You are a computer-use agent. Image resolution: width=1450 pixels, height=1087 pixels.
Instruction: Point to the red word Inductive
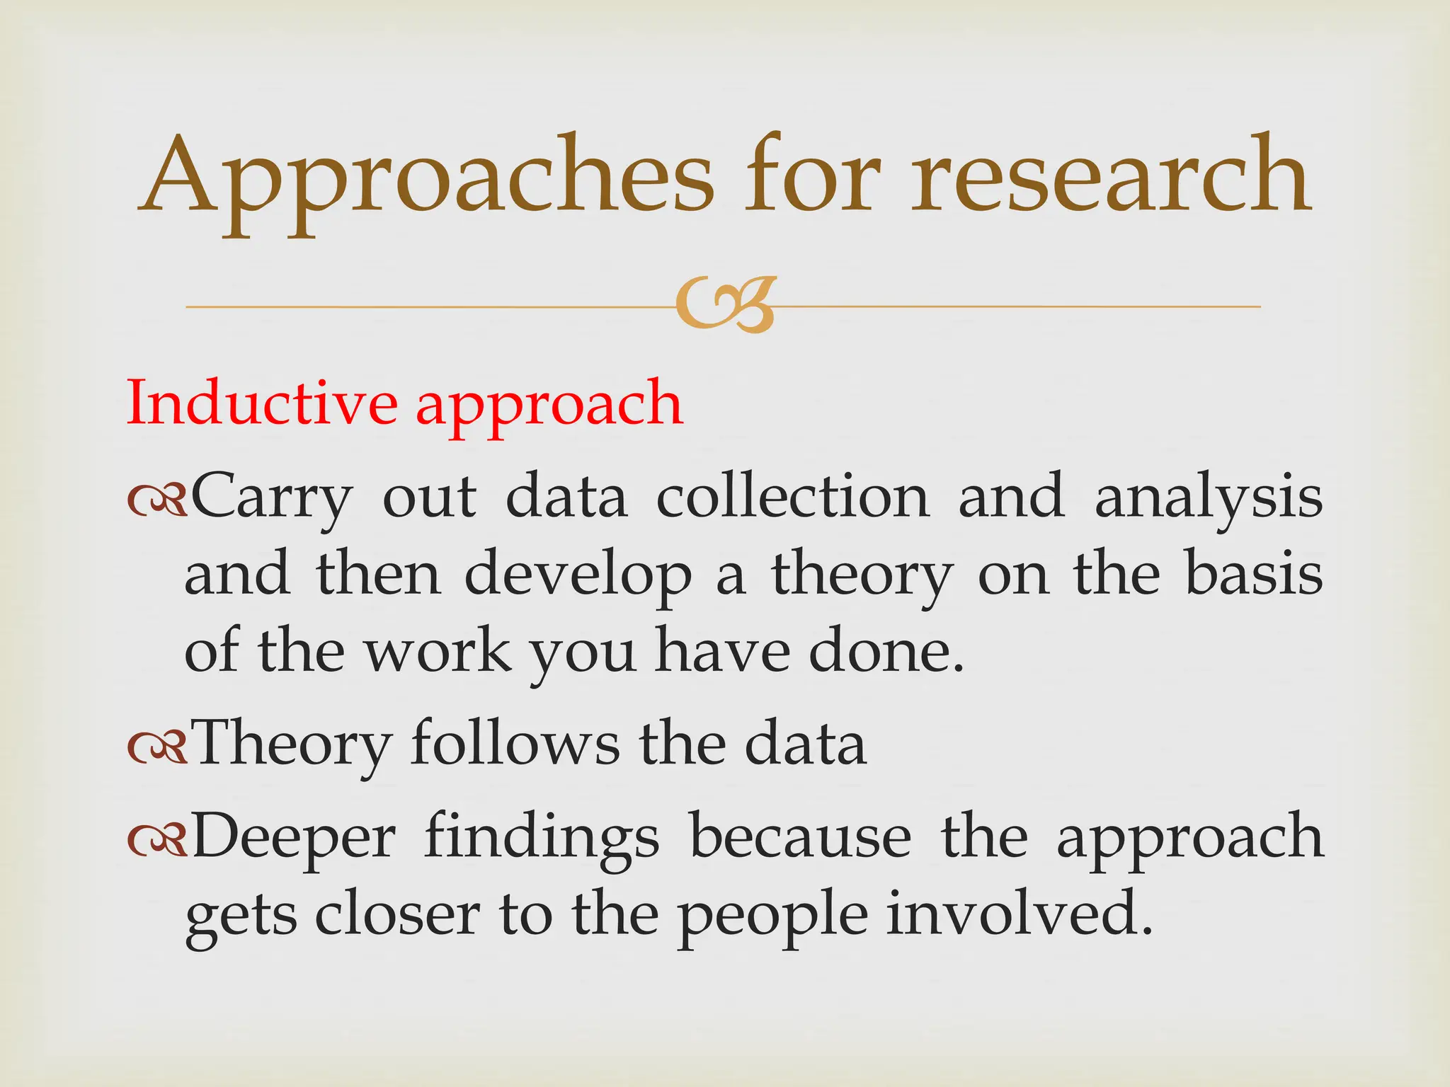(x=261, y=403)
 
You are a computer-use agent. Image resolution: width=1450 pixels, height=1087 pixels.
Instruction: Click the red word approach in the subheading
(x=549, y=407)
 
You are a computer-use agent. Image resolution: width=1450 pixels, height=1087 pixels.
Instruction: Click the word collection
(x=792, y=497)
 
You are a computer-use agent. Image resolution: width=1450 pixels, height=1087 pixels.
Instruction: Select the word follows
(x=515, y=744)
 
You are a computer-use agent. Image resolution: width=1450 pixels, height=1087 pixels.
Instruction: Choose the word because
(x=801, y=837)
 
